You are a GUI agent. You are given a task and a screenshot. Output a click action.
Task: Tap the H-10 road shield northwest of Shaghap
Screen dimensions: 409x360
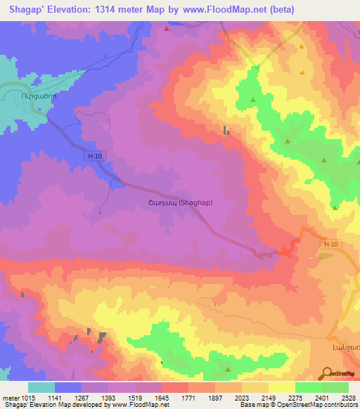(x=96, y=158)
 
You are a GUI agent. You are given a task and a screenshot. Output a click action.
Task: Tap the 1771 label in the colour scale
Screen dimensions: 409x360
(x=188, y=398)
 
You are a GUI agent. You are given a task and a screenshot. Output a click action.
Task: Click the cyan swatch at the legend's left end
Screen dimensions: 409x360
(x=41, y=387)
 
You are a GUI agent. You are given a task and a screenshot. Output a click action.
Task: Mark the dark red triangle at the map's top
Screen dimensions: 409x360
(x=166, y=30)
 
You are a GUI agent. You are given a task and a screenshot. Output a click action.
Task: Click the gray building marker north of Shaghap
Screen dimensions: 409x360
(x=226, y=130)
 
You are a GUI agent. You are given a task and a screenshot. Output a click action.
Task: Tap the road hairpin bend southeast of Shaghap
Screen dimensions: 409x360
(x=287, y=252)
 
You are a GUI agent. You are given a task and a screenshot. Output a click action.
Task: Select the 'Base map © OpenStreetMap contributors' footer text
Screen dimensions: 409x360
(x=298, y=405)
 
